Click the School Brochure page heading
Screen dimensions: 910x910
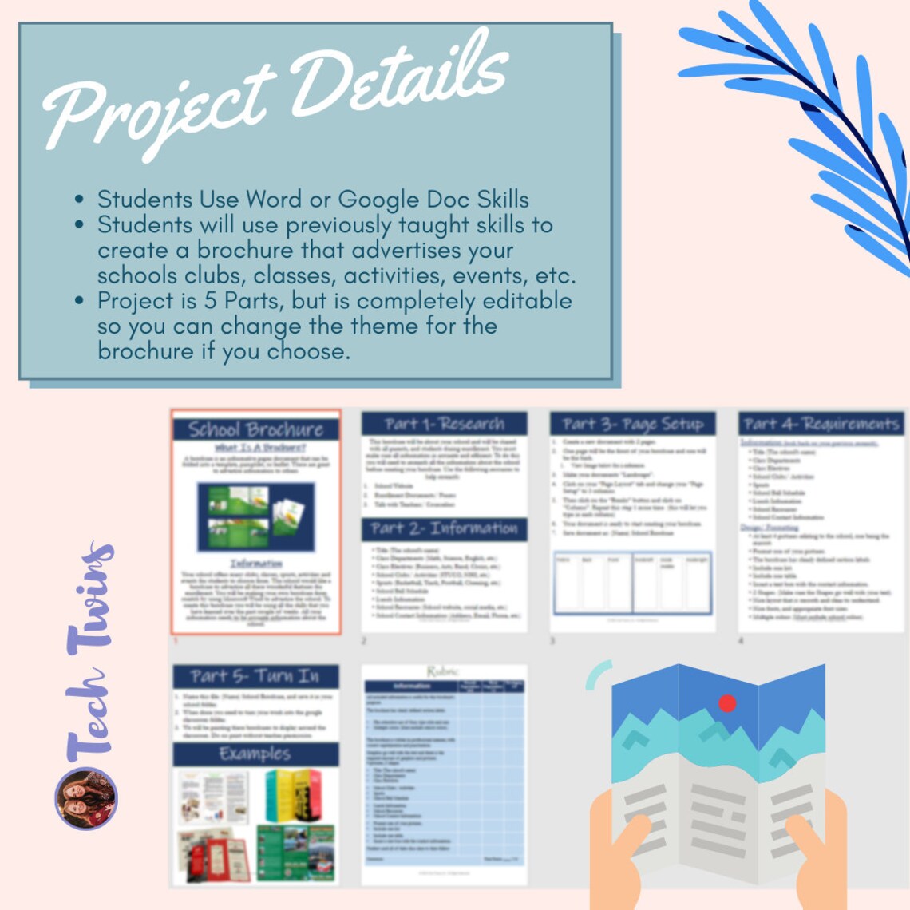[256, 429]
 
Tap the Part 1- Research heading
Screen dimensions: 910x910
[444, 424]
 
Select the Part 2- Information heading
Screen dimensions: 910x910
[444, 528]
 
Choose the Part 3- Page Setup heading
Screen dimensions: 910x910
[632, 424]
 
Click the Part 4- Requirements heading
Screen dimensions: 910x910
[821, 424]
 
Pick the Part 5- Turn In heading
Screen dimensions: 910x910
[255, 676]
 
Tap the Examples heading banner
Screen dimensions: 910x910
[255, 754]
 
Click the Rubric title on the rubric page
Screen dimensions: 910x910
[444, 671]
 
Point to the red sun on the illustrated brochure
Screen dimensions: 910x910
[727, 703]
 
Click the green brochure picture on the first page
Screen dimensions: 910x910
[255, 517]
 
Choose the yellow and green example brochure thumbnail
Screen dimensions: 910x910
[293, 794]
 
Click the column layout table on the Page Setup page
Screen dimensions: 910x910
[632, 584]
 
